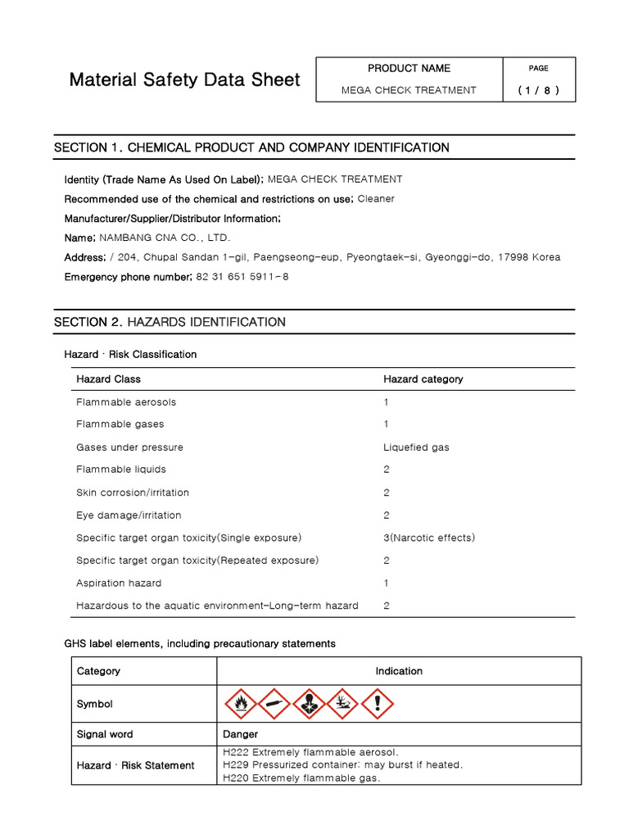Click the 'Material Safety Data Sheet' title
pyautogui.click(x=184, y=80)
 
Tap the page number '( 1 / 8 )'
pyautogui.click(x=538, y=90)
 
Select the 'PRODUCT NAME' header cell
pyautogui.click(x=409, y=68)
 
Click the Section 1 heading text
pyautogui.click(x=251, y=147)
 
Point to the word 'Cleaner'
pyautogui.click(x=376, y=198)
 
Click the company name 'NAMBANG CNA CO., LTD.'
pyautogui.click(x=165, y=238)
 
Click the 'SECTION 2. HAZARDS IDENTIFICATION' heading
pyautogui.click(x=170, y=322)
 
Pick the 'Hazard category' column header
pyautogui.click(x=423, y=379)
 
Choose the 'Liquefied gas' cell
pyautogui.click(x=416, y=447)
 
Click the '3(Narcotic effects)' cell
pyautogui.click(x=428, y=537)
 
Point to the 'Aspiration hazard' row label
pyautogui.click(x=119, y=583)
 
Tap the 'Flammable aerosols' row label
pyautogui.click(x=126, y=402)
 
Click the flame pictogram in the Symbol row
pyautogui.click(x=240, y=704)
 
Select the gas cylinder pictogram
pyautogui.click(x=274, y=704)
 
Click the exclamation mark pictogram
pyautogui.click(x=378, y=704)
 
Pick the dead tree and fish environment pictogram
pyautogui.click(x=343, y=704)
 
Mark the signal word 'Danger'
pyautogui.click(x=240, y=734)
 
